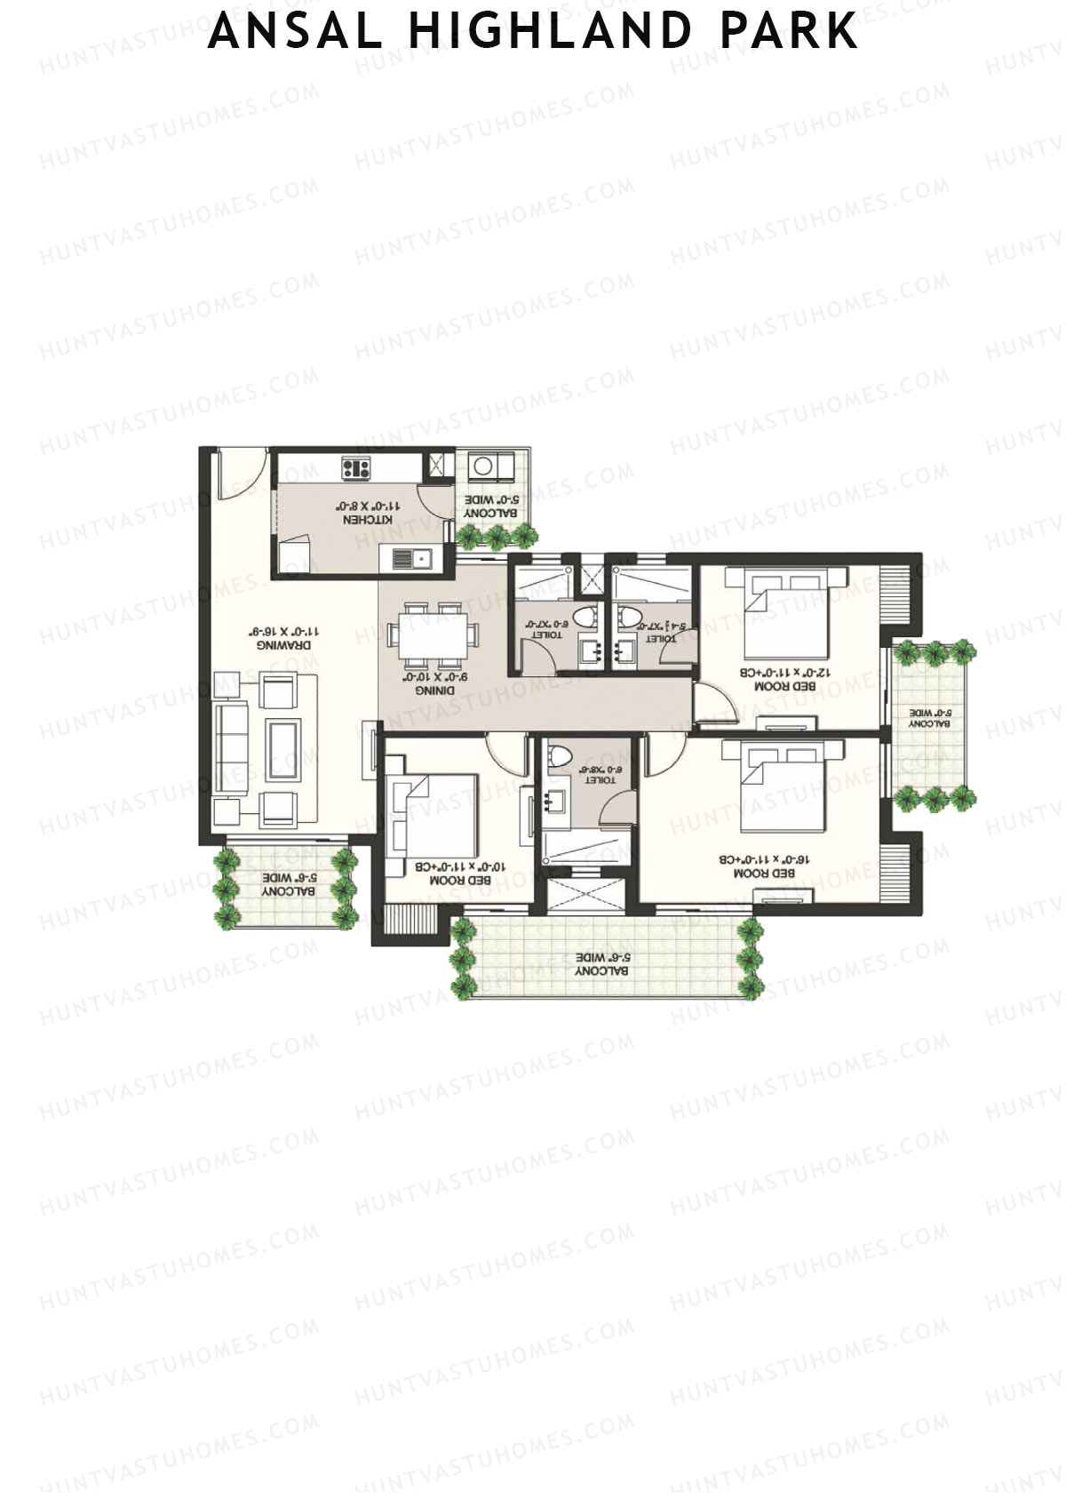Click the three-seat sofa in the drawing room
tap(232, 744)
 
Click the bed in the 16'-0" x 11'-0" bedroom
tap(782, 787)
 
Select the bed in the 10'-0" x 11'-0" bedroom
tap(435, 813)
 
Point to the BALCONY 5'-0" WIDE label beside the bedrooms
tap(929, 718)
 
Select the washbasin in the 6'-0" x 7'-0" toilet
tap(588, 651)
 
